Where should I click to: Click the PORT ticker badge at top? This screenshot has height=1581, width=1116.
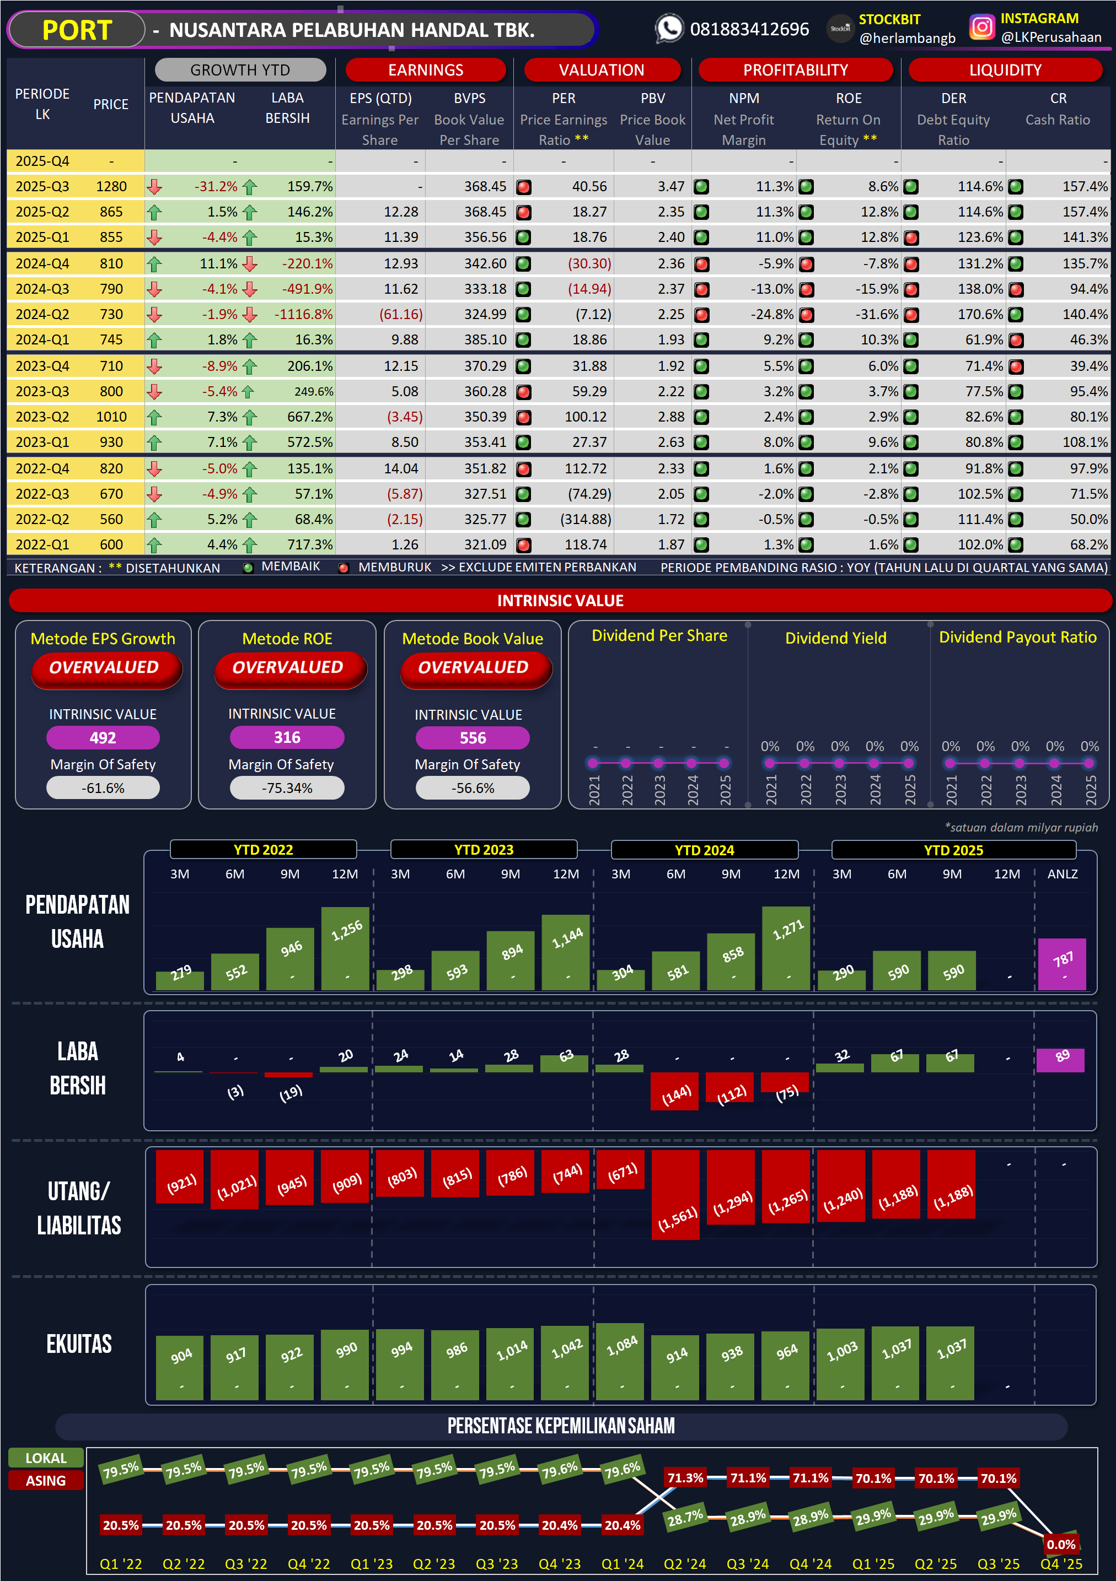tap(77, 30)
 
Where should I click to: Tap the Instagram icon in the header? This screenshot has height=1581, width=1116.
tap(981, 28)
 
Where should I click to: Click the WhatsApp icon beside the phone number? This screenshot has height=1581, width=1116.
tap(669, 29)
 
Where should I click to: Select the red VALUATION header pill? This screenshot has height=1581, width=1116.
tap(602, 70)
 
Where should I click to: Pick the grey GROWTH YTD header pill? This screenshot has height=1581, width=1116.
tap(240, 70)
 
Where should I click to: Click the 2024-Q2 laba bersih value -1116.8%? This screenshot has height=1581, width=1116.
tap(303, 315)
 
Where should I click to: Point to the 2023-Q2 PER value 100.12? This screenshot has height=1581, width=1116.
tap(585, 417)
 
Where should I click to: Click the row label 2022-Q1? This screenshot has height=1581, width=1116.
tap(42, 544)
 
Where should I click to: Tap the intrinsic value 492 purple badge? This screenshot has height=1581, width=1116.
tap(103, 737)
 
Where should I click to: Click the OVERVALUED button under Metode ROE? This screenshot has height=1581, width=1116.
tap(287, 668)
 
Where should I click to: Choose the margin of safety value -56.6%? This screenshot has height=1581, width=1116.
tap(473, 788)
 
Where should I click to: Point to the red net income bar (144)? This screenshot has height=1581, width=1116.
tap(675, 1091)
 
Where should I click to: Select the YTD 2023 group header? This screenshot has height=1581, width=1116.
tap(484, 850)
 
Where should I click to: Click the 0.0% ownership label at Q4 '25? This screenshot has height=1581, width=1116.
tap(1061, 1544)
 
